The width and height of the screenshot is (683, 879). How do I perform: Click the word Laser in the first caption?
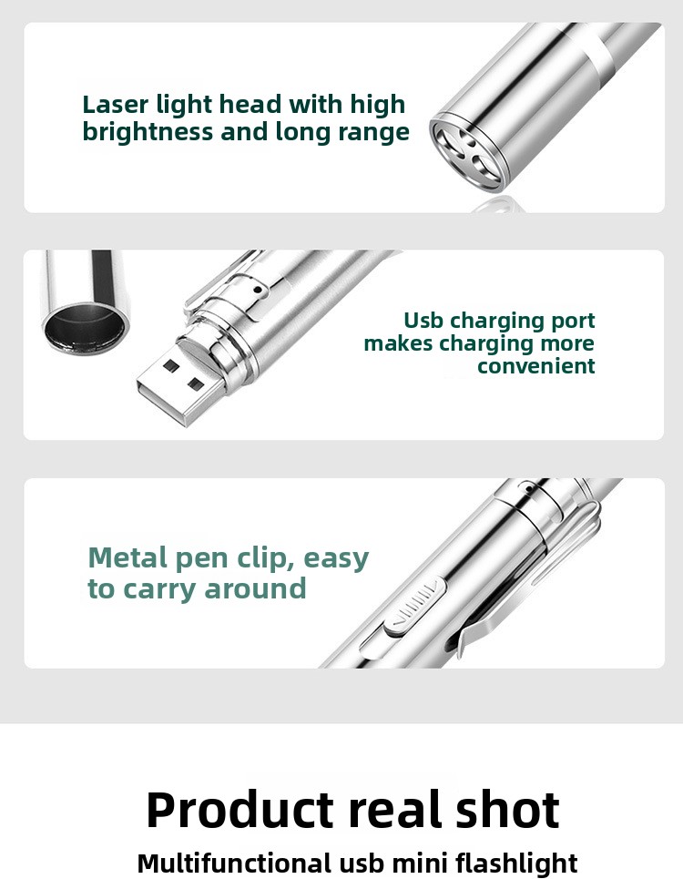[116, 104]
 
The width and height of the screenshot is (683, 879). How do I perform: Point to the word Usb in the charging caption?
[423, 320]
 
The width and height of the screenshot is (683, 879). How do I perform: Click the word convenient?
[535, 366]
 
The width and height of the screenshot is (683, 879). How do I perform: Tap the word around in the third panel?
[255, 589]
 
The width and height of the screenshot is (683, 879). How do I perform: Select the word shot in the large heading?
[507, 810]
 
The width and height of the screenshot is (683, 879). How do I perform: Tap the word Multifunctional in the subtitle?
[234, 863]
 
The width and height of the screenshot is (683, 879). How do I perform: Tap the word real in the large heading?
[395, 810]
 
